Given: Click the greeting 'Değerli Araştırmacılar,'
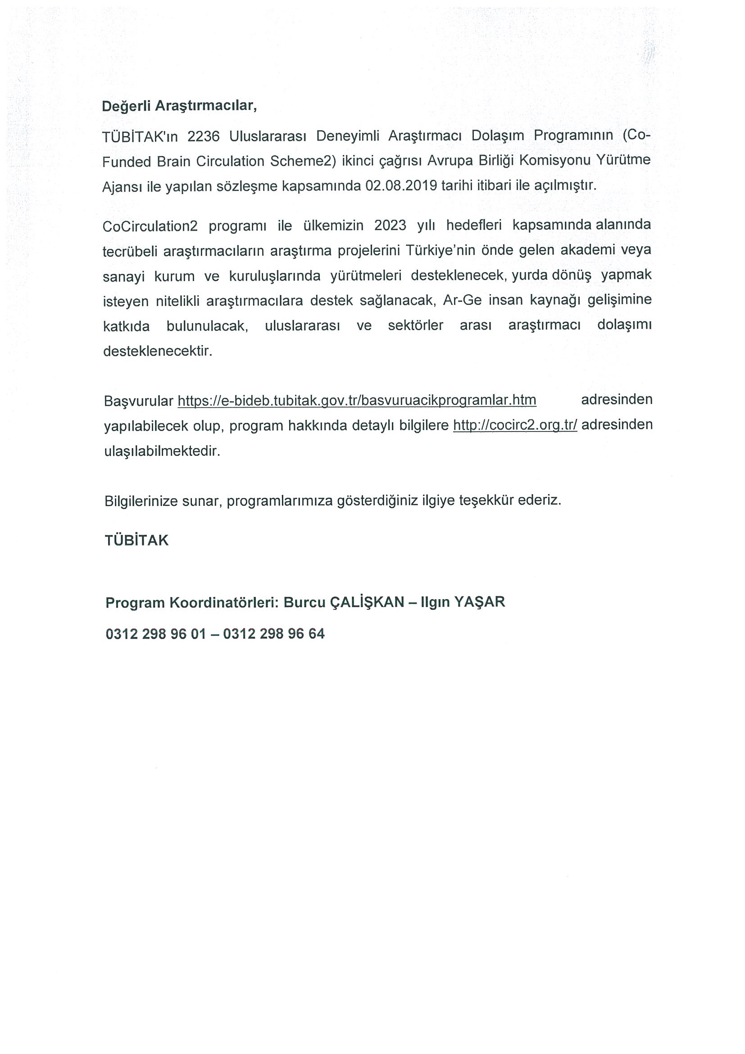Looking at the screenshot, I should (179, 106).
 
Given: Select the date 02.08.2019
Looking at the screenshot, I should (401, 186).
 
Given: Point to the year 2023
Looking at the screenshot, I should (390, 225).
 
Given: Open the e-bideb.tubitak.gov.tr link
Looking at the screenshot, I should (357, 400).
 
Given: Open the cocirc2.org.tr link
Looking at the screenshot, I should (515, 425).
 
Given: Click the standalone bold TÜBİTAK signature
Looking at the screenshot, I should (137, 541).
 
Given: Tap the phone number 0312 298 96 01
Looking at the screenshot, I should (155, 634).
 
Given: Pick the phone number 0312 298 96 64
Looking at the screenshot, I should (274, 634).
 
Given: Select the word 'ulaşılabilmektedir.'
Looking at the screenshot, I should (162, 451).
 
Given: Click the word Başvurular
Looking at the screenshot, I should (139, 401).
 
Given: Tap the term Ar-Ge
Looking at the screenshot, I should (462, 300).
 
